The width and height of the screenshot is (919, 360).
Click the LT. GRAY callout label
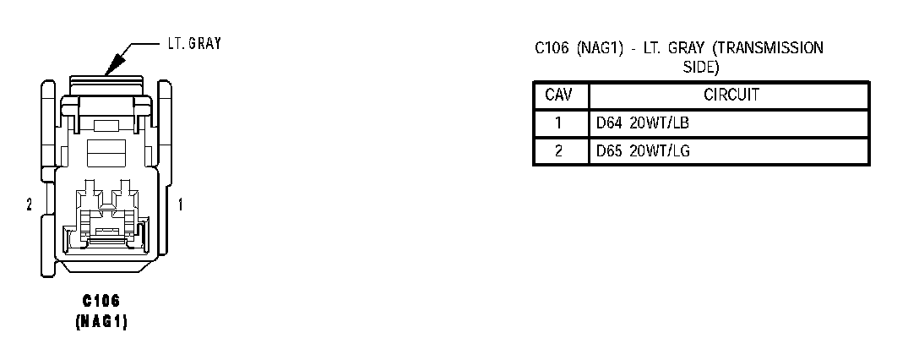[192, 43]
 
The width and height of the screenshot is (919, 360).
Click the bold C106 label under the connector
[102, 303]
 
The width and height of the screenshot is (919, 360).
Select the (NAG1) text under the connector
[102, 322]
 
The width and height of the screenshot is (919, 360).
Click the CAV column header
[559, 95]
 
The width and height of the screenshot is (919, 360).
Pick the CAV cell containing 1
[559, 123]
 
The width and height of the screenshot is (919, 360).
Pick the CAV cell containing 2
[559, 151]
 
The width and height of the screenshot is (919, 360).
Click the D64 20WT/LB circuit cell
[643, 123]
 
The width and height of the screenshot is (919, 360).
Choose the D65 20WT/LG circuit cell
[643, 151]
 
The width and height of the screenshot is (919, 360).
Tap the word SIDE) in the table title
[700, 65]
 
